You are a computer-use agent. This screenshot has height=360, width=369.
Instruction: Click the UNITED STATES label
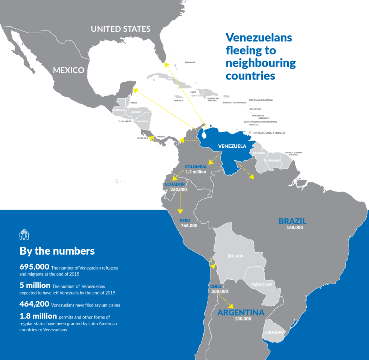click(x=120, y=29)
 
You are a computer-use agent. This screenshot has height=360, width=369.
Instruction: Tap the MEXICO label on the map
click(x=68, y=70)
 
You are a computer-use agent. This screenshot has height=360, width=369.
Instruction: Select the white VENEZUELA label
click(x=232, y=146)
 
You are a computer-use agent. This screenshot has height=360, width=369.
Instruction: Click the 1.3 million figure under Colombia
click(x=196, y=172)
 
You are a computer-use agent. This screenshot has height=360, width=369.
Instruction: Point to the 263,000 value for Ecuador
click(x=178, y=190)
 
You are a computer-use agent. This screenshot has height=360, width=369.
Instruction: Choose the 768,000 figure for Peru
click(x=189, y=226)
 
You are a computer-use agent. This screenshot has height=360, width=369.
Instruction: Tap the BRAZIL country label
click(x=293, y=221)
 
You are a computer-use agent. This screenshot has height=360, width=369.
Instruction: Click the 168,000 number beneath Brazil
click(x=294, y=227)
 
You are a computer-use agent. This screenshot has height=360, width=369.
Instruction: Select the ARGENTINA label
click(x=241, y=313)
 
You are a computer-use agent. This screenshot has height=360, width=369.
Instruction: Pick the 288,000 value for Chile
click(x=220, y=291)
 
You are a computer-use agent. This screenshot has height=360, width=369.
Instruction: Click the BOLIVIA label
click(x=235, y=256)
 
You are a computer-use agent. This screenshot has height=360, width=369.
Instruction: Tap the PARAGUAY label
click(x=262, y=285)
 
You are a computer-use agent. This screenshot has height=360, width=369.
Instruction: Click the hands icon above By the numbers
click(x=24, y=234)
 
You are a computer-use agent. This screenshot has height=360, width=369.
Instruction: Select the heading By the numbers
click(x=57, y=251)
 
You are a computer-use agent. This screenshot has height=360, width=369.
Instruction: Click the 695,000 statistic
click(x=34, y=267)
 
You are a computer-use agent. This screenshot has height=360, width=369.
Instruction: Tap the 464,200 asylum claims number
click(x=34, y=304)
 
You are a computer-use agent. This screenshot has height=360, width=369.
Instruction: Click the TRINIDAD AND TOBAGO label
click(x=268, y=133)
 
